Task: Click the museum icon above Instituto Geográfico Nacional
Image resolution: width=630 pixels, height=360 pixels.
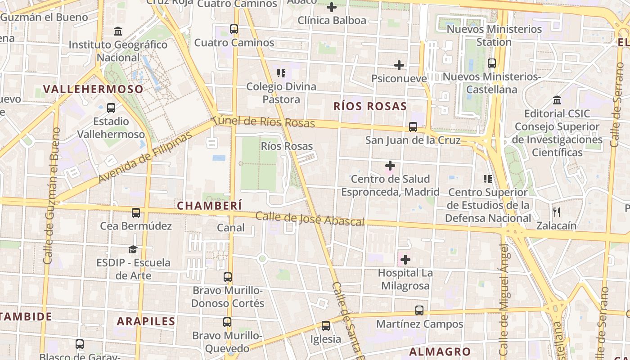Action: click(x=118, y=31)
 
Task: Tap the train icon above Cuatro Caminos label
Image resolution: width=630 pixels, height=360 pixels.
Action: click(x=234, y=29)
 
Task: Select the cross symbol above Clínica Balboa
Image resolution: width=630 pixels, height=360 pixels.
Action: click(x=332, y=7)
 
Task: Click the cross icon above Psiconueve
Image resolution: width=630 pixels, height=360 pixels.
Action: click(x=399, y=65)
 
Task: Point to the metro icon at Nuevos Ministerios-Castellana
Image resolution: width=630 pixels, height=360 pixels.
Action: click(x=492, y=63)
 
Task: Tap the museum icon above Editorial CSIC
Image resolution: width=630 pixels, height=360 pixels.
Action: click(x=557, y=100)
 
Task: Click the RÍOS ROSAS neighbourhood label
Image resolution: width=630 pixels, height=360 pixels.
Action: click(x=370, y=106)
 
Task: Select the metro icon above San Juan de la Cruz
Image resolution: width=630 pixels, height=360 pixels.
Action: click(x=413, y=127)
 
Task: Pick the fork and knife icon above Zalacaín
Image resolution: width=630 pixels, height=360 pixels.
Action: click(x=557, y=212)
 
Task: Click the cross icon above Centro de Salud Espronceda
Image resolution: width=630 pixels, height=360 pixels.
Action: click(x=390, y=166)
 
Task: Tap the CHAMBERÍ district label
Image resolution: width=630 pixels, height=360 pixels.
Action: click(x=209, y=206)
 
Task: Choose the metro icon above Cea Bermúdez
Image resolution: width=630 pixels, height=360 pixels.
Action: click(x=136, y=212)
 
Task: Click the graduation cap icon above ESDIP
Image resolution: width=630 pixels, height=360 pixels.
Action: click(x=133, y=249)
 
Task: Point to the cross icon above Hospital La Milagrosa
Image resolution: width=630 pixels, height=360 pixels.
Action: click(x=405, y=260)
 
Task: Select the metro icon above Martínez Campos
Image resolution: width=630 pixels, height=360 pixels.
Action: click(x=419, y=310)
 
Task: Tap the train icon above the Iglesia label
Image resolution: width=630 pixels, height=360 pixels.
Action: click(x=325, y=326)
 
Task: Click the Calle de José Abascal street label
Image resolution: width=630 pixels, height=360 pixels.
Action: click(x=310, y=219)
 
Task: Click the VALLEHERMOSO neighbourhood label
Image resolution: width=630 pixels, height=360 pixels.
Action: click(x=93, y=89)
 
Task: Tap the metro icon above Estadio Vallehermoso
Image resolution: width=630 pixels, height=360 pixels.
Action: click(x=111, y=108)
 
